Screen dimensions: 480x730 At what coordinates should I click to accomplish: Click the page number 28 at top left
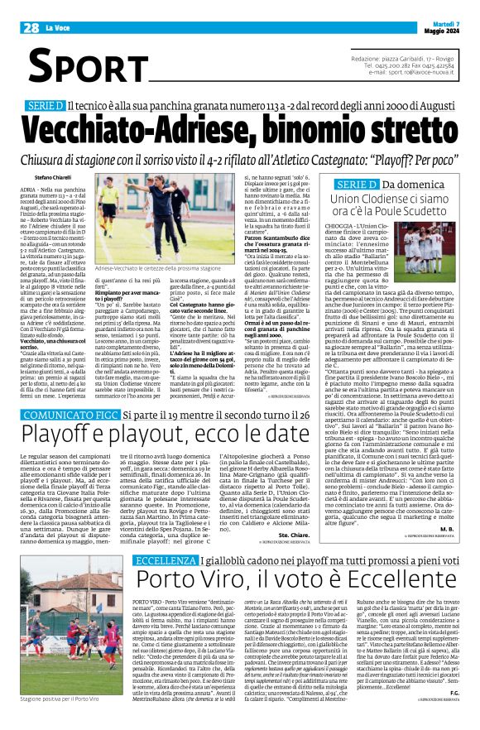tap(31, 27)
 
